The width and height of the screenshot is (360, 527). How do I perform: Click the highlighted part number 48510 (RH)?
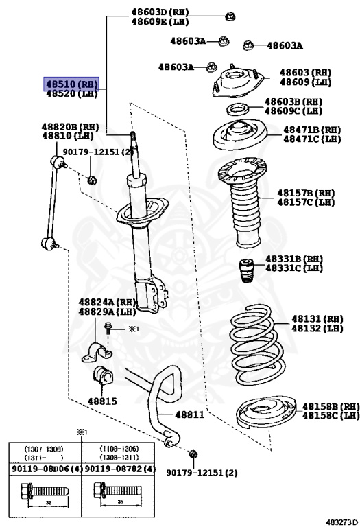tap(71, 84)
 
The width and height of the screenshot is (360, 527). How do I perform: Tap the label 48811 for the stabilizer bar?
tap(189, 414)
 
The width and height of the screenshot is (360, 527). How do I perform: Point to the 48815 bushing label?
tap(102, 401)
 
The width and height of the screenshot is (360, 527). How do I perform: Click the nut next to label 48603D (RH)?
tap(230, 16)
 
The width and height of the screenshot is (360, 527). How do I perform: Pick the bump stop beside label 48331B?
tap(247, 270)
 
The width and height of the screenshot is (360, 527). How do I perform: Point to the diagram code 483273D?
tap(342, 522)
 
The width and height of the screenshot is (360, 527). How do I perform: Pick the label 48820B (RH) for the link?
tap(70, 127)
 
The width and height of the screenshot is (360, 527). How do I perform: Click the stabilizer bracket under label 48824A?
tap(97, 352)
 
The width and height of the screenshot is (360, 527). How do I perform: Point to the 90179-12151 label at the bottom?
tap(202, 473)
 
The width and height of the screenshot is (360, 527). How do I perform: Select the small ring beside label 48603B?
tap(237, 109)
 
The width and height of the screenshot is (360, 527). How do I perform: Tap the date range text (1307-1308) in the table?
tap(44, 449)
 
